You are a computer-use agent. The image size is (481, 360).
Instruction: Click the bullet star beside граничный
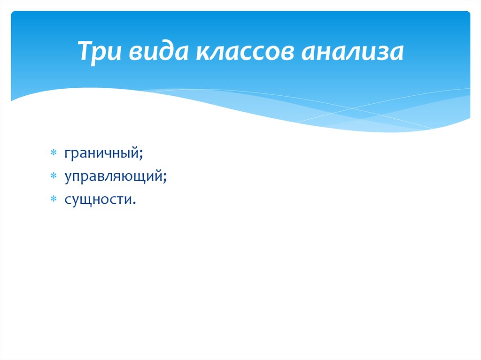coord(54,153)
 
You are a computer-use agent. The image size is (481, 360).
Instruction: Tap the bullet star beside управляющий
coord(54,176)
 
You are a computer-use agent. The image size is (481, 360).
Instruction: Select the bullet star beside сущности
coord(54,199)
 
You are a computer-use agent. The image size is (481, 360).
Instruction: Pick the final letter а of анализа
coord(397,52)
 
